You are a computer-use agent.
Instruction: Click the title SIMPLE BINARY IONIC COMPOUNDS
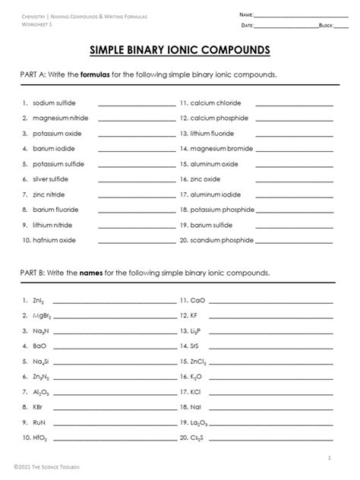pos(180,51)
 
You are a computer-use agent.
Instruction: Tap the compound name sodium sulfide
pos(55,103)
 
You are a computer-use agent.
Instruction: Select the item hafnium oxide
pos(54,241)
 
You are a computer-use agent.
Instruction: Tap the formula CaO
pos(198,302)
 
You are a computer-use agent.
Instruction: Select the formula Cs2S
pos(199,439)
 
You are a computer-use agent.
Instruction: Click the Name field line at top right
pos(296,16)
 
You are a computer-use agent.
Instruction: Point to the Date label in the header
pos(246,26)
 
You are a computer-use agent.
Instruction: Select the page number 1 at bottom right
pos(329,459)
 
